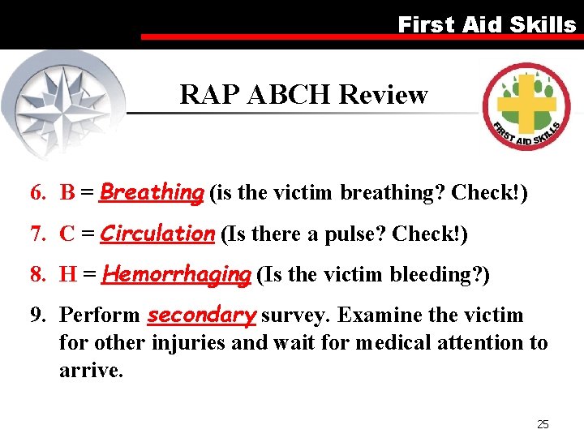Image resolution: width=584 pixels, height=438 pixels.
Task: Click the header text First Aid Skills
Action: (x=486, y=24)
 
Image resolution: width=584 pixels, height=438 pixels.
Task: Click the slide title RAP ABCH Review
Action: (x=303, y=95)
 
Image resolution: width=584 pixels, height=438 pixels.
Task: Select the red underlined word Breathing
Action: (x=152, y=193)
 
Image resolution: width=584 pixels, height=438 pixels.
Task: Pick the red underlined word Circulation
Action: (x=157, y=234)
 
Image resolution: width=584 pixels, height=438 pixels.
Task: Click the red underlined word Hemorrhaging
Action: (x=177, y=275)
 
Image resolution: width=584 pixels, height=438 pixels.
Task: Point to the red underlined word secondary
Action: (x=201, y=315)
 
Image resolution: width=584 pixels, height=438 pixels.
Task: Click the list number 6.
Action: (x=37, y=193)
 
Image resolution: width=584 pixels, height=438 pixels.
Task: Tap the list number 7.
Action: (x=37, y=234)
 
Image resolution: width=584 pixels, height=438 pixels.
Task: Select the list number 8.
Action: (x=37, y=275)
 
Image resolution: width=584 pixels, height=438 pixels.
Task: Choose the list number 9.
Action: (x=37, y=316)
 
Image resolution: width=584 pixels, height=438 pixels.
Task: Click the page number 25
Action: (x=543, y=423)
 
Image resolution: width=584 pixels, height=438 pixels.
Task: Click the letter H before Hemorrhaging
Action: (x=68, y=275)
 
